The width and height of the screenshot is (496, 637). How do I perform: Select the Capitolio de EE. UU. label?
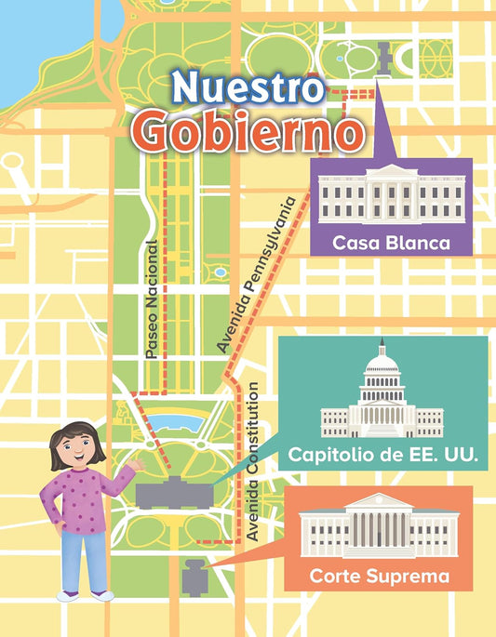point(382,456)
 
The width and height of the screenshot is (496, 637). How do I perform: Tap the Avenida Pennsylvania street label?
point(261,273)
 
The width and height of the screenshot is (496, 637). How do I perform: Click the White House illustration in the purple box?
point(391,195)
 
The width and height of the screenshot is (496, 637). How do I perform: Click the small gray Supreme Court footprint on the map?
point(194,577)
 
